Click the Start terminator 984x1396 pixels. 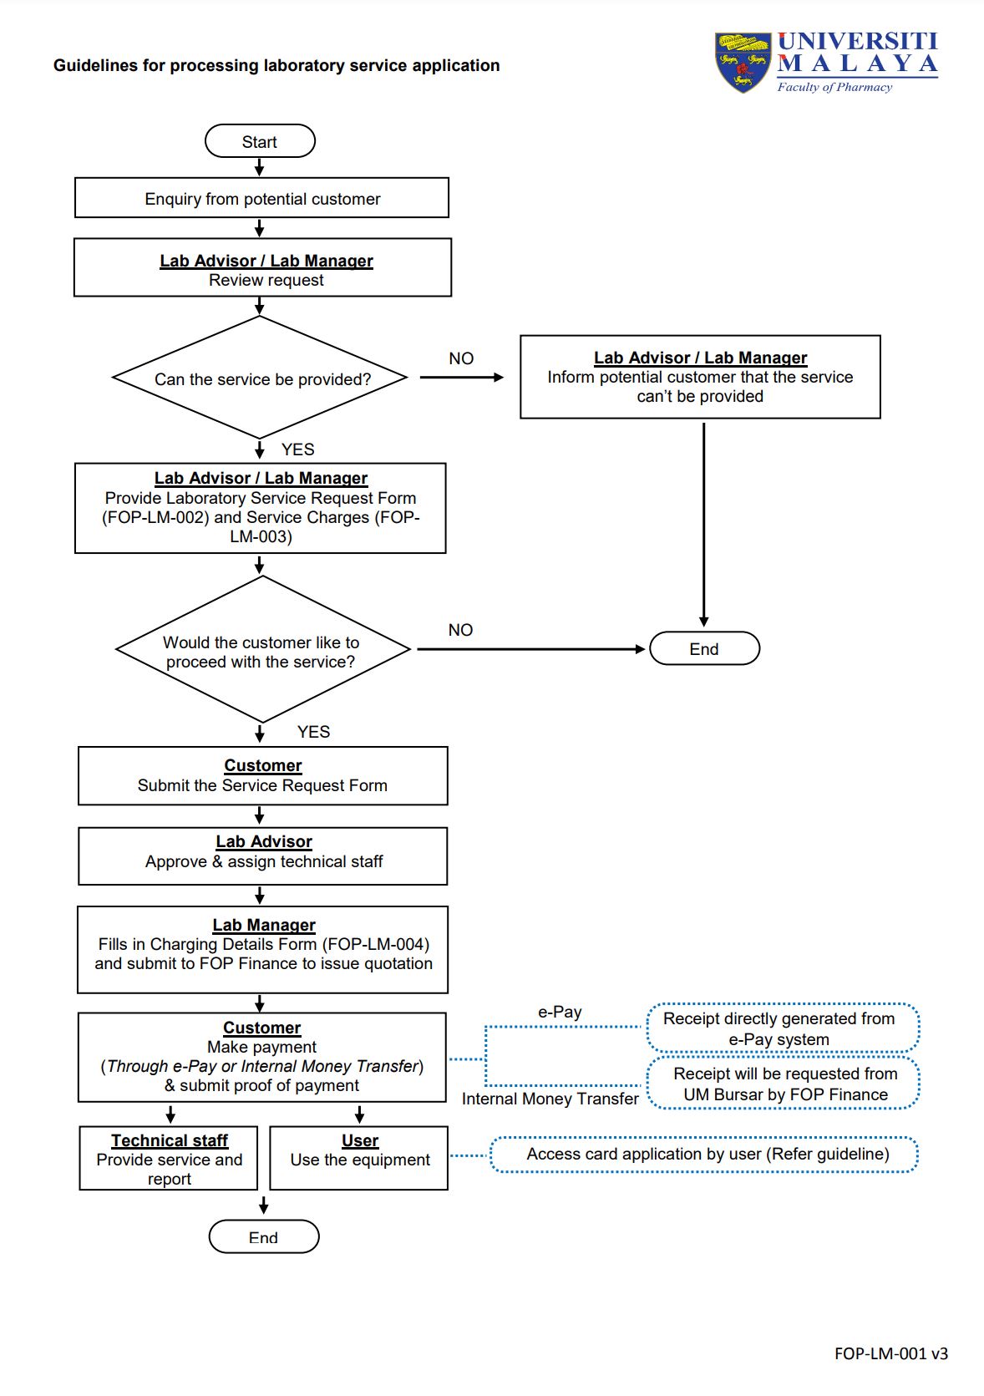click(260, 141)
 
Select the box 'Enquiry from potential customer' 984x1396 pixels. click(261, 197)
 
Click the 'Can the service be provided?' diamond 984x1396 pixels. click(260, 377)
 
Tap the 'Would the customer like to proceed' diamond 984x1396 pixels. click(262, 649)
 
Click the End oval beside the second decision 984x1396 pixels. click(704, 648)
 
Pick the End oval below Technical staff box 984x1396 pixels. click(264, 1236)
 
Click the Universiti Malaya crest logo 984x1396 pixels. click(743, 63)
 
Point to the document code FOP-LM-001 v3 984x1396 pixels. click(891, 1353)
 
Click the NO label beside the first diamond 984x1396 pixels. click(461, 358)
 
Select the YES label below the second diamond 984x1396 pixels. click(313, 732)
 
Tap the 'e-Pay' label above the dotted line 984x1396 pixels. click(560, 1012)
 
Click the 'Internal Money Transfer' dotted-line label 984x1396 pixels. click(550, 1099)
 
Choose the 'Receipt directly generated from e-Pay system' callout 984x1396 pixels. click(783, 1028)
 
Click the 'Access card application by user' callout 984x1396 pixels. click(704, 1155)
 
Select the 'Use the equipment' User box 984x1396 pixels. click(359, 1158)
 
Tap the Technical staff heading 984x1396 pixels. click(170, 1140)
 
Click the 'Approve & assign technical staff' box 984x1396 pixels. click(263, 855)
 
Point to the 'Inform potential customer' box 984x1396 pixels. click(700, 377)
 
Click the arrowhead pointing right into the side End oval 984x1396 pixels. click(640, 649)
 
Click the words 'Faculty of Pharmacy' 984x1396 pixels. click(834, 87)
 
